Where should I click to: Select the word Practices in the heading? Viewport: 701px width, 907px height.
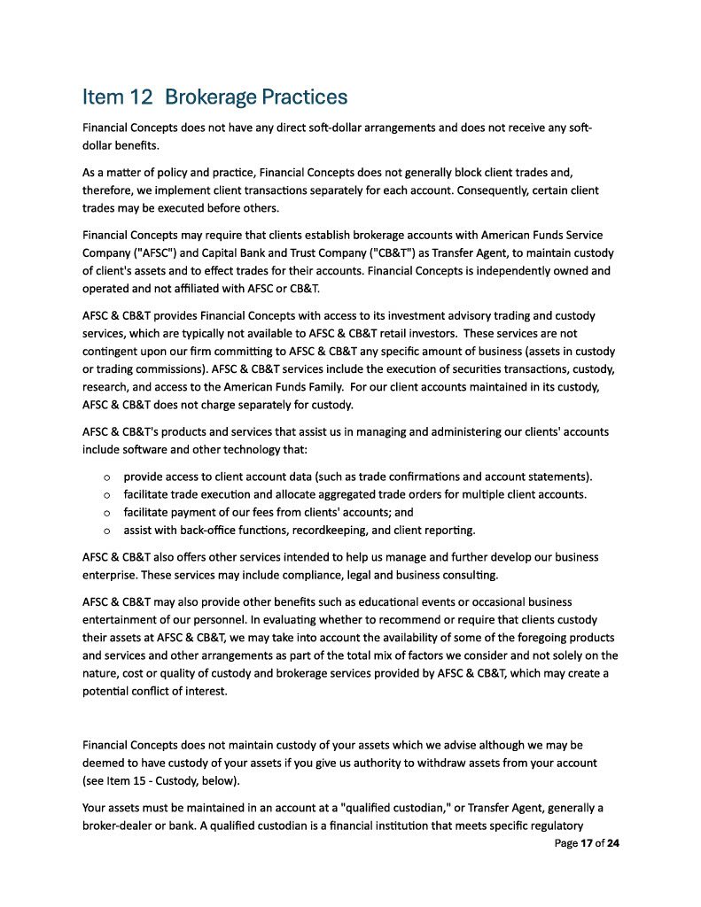pos(303,97)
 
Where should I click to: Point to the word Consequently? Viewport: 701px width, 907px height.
pos(471,190)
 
